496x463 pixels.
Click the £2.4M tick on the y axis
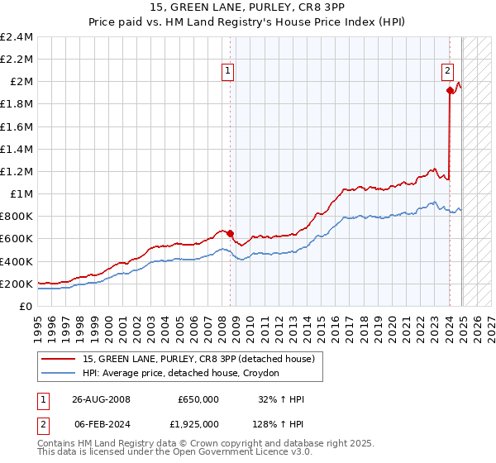pos(17,37)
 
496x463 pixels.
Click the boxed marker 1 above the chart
pos(227,71)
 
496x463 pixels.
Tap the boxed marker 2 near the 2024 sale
pos(447,71)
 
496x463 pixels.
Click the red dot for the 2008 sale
pos(231,233)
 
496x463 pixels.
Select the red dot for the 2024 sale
pos(450,90)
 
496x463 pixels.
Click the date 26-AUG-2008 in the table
pos(101,399)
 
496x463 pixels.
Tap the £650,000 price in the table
pos(198,399)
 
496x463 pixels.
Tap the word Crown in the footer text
pos(186,443)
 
